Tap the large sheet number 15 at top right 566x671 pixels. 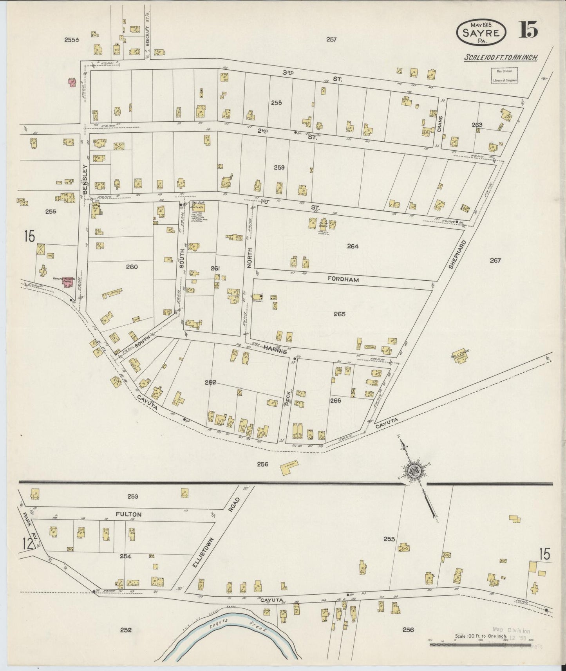pyautogui.click(x=528, y=30)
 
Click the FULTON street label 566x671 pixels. pyautogui.click(x=128, y=514)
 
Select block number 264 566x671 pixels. pyautogui.click(x=353, y=246)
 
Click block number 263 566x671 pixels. pyautogui.click(x=477, y=125)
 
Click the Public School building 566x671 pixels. pyautogui.click(x=461, y=356)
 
